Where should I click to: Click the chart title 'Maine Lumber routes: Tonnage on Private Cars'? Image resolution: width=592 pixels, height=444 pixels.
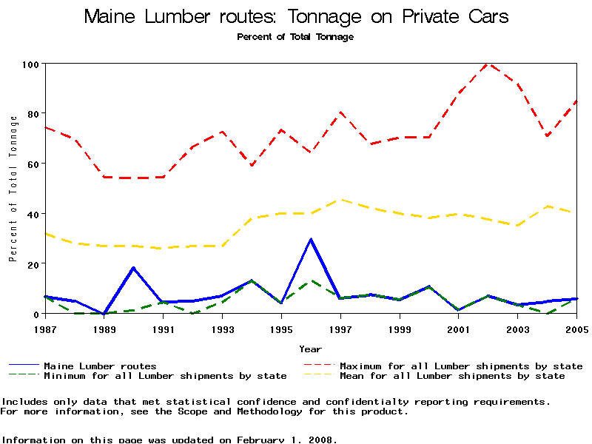coord(296,16)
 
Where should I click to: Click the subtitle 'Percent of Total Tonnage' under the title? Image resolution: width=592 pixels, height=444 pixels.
coord(295,37)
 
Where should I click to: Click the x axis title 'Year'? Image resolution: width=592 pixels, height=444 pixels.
coord(311,349)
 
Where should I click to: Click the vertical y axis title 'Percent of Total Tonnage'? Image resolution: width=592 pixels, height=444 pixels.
coord(13,189)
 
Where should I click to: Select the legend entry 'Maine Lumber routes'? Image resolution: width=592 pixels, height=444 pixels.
coord(100,366)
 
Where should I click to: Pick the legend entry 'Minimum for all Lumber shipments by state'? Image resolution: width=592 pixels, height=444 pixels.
coord(165,376)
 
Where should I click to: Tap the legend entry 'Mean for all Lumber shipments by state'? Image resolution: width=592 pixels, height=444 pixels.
coord(451,376)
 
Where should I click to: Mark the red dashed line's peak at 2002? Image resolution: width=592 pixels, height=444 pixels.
coord(488,64)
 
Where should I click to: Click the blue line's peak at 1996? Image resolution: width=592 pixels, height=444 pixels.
coord(311,239)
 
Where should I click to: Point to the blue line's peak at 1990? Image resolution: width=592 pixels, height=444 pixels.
coord(133,268)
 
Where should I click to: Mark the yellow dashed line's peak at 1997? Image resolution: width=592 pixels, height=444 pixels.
coord(340,199)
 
